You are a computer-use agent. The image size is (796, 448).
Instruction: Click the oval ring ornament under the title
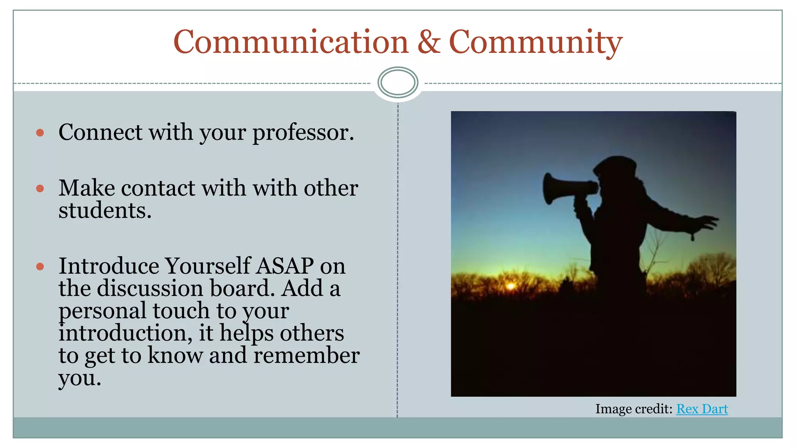click(398, 82)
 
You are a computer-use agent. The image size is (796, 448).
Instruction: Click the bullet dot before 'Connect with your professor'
click(40, 133)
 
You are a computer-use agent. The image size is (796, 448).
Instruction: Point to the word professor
click(303, 133)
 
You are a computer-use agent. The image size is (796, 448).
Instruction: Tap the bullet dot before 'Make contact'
click(40, 189)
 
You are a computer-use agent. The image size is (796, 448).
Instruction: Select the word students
click(105, 210)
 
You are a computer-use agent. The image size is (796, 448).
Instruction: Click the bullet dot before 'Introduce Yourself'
click(40, 267)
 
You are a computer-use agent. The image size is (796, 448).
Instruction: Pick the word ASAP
click(285, 266)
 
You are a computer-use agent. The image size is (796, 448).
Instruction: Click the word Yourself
click(208, 266)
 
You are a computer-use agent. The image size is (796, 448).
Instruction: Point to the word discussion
click(150, 289)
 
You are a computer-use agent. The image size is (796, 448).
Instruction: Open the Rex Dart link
click(702, 409)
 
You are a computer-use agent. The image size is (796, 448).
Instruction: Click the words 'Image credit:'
click(634, 409)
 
